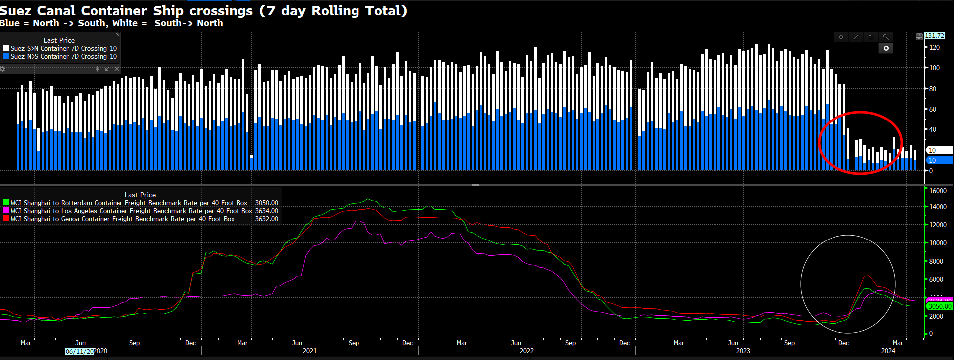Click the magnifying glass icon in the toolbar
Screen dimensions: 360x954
click(x=886, y=37)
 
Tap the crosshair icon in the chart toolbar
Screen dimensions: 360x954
click(x=841, y=37)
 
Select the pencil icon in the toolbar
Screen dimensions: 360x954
click(x=856, y=37)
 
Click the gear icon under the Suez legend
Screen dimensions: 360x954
click(x=3, y=69)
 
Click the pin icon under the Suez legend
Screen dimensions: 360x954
click(x=98, y=69)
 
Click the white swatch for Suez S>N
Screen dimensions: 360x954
click(x=6, y=48)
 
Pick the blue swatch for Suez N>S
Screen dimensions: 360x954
click(x=6, y=56)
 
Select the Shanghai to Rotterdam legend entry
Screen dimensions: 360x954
click(x=129, y=203)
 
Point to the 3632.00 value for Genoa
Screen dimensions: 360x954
click(x=266, y=219)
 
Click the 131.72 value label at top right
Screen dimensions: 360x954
click(x=934, y=36)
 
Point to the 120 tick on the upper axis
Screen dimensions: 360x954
click(x=935, y=47)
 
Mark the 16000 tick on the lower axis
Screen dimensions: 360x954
click(x=937, y=191)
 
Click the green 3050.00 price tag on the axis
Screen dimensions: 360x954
click(x=939, y=306)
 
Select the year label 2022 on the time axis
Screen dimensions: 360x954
click(x=526, y=351)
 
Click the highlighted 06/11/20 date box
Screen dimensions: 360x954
click(x=80, y=351)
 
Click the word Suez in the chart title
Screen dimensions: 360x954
click(x=16, y=11)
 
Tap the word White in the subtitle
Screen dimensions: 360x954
click(x=125, y=23)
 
